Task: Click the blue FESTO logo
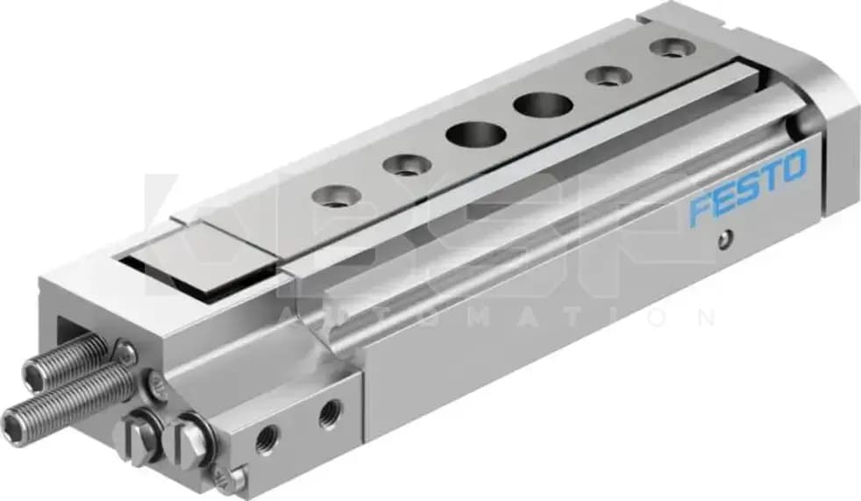[x=747, y=188]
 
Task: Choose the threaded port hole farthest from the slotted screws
[x=331, y=412]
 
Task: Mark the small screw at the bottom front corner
[x=228, y=477]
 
